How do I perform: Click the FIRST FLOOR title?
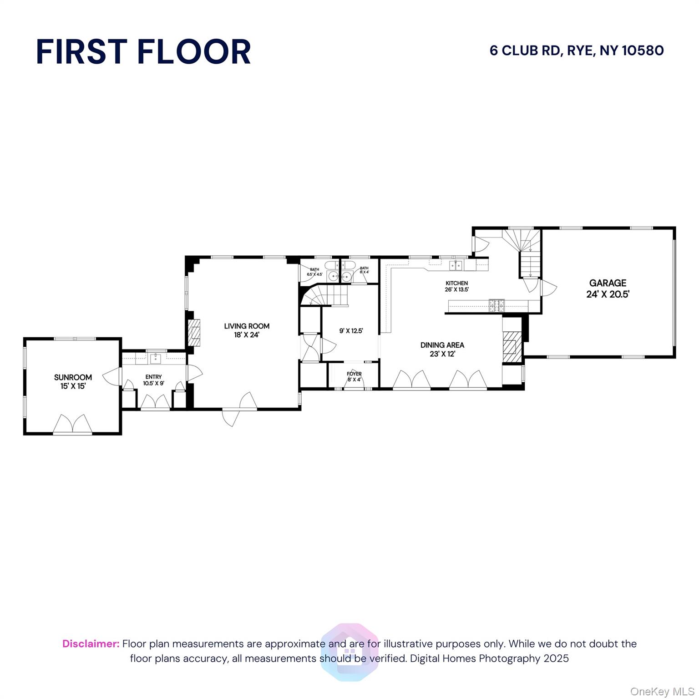point(143,51)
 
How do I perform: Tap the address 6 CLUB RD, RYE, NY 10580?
point(577,51)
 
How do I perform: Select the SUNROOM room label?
point(73,377)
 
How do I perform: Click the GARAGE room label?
point(608,283)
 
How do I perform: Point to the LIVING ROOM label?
point(247,326)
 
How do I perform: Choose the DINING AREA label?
point(442,345)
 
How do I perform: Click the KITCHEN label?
point(456,283)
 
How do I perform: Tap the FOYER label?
point(354,374)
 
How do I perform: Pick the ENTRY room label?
point(153,377)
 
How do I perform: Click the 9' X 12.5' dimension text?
point(351,331)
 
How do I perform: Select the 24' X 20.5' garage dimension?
point(608,294)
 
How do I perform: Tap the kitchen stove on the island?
point(496,305)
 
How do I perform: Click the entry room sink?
point(156,359)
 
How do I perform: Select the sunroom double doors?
point(72,424)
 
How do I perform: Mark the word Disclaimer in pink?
point(91,644)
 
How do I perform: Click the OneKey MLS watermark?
point(662,692)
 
